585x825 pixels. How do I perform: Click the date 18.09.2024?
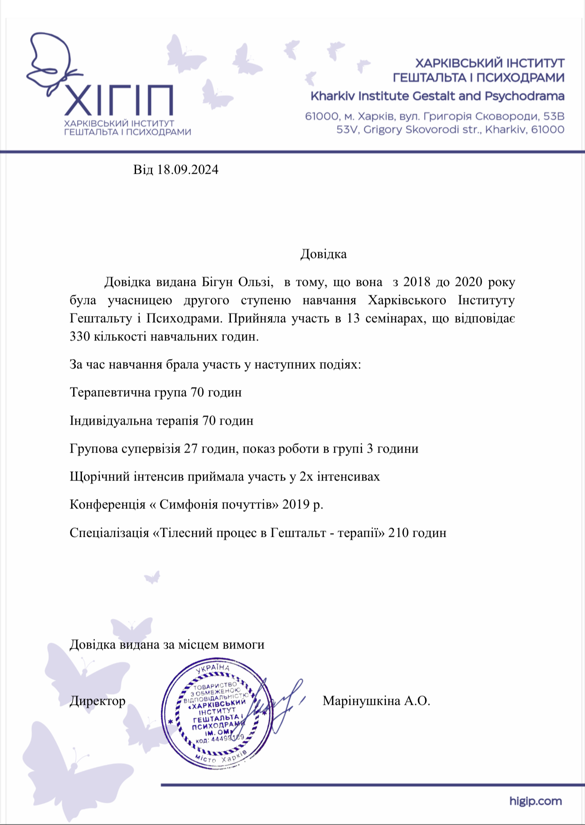tap(188, 170)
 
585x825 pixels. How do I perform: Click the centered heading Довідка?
tap(324, 254)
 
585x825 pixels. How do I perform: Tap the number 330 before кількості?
tap(80, 336)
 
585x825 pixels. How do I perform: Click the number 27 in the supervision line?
tap(191, 449)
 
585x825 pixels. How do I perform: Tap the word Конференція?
tap(108, 504)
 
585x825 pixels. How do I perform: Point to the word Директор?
tap(97, 701)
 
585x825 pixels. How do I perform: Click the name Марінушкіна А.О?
tap(376, 701)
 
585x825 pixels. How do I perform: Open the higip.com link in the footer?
tap(535, 801)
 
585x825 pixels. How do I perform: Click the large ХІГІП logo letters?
tap(119, 100)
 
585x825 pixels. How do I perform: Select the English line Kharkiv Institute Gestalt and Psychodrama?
tap(437, 96)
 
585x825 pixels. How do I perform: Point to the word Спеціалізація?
tap(109, 532)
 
